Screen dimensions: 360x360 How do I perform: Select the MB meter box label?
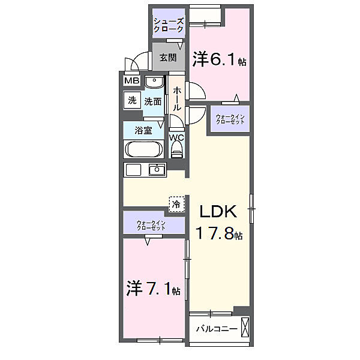[131, 81]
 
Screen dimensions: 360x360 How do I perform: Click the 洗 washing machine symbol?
[131, 101]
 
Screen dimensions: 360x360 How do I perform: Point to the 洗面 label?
[152, 101]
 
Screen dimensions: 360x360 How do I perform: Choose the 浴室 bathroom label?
[143, 130]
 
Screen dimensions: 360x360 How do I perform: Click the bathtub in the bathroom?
[143, 149]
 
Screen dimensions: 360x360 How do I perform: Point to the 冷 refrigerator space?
[176, 204]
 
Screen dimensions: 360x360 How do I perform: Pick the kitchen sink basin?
[157, 169]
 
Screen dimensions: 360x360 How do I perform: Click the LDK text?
[220, 212]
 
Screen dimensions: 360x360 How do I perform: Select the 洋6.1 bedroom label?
[220, 60]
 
